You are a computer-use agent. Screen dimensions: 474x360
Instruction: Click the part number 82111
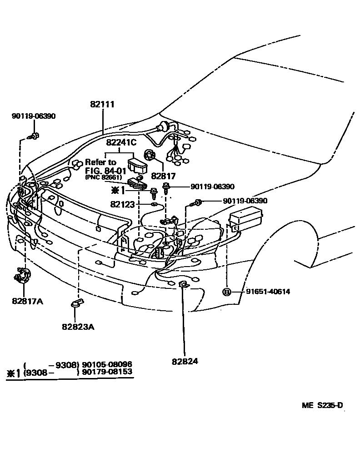click(102, 105)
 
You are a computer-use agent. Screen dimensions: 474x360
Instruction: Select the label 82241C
click(121, 142)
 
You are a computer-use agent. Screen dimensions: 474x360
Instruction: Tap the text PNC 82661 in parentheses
click(104, 177)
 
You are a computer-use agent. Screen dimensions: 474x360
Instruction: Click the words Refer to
click(100, 162)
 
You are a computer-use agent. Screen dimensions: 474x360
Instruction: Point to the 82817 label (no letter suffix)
click(163, 176)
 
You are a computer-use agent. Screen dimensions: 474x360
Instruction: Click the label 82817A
click(27, 301)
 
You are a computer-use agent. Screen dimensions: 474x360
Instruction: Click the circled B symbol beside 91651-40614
click(226, 292)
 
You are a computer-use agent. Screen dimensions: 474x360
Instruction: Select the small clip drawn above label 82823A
click(76, 303)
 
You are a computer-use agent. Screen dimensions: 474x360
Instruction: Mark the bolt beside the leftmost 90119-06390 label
click(33, 136)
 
